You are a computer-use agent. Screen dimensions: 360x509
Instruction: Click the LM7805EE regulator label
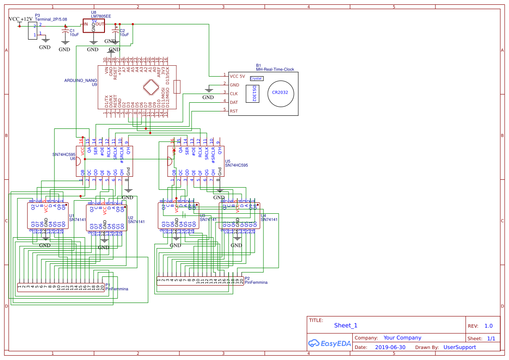[x=101, y=16]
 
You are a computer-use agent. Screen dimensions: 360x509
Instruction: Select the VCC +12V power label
[x=20, y=19]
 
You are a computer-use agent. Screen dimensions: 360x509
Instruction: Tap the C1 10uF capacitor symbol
[x=65, y=31]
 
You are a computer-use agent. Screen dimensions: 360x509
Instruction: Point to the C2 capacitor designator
[x=122, y=30]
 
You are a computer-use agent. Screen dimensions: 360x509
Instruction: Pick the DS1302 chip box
[x=254, y=94]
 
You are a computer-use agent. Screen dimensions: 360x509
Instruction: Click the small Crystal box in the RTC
[x=256, y=78]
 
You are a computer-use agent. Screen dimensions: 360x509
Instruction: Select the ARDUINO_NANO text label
[x=81, y=81]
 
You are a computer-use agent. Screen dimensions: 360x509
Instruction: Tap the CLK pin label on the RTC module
[x=234, y=94]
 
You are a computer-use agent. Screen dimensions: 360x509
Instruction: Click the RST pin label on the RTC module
[x=234, y=111]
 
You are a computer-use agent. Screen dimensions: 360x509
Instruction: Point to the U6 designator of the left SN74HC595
[x=72, y=158]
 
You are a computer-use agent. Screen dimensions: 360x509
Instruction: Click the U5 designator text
[x=228, y=161]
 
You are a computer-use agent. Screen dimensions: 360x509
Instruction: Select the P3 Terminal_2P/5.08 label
[x=51, y=19]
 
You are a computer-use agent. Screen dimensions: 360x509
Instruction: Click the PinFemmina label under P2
[x=256, y=283]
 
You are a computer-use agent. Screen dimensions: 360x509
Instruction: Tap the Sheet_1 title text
[x=346, y=325]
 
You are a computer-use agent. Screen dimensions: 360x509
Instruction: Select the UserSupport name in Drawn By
[x=459, y=347]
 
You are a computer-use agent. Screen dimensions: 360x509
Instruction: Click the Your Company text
[x=402, y=338]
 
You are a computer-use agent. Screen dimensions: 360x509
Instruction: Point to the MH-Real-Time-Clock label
[x=275, y=69]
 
